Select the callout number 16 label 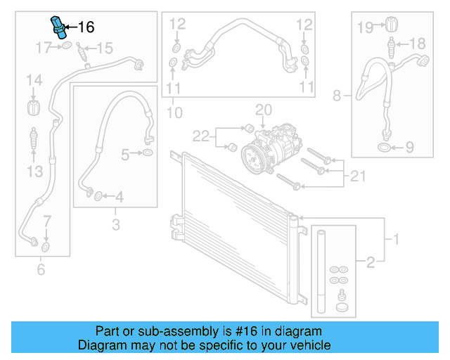tap(85, 27)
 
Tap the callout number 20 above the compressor tap(262, 110)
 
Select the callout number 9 tap(409, 148)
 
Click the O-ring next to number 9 tap(384, 148)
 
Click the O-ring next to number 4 tap(98, 195)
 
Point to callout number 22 tap(201, 134)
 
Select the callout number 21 tap(357, 174)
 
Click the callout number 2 tap(371, 263)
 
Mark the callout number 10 tap(174, 112)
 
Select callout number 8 tap(337, 95)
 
